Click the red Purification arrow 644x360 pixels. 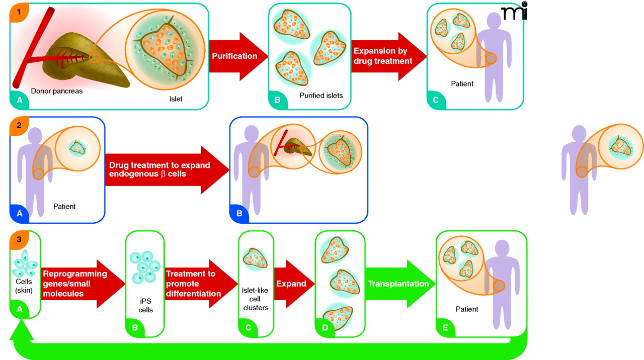click(x=234, y=56)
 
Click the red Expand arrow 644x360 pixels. click(x=292, y=284)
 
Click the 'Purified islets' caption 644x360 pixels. click(x=321, y=95)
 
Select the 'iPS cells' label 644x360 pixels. click(x=145, y=305)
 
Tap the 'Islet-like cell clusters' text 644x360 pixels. click(x=256, y=298)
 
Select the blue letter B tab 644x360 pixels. click(x=238, y=214)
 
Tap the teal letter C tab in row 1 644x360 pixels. click(x=435, y=100)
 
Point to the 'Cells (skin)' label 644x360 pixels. click(x=24, y=286)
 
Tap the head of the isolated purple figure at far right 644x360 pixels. click(x=579, y=135)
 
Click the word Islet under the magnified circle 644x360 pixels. click(x=176, y=99)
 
